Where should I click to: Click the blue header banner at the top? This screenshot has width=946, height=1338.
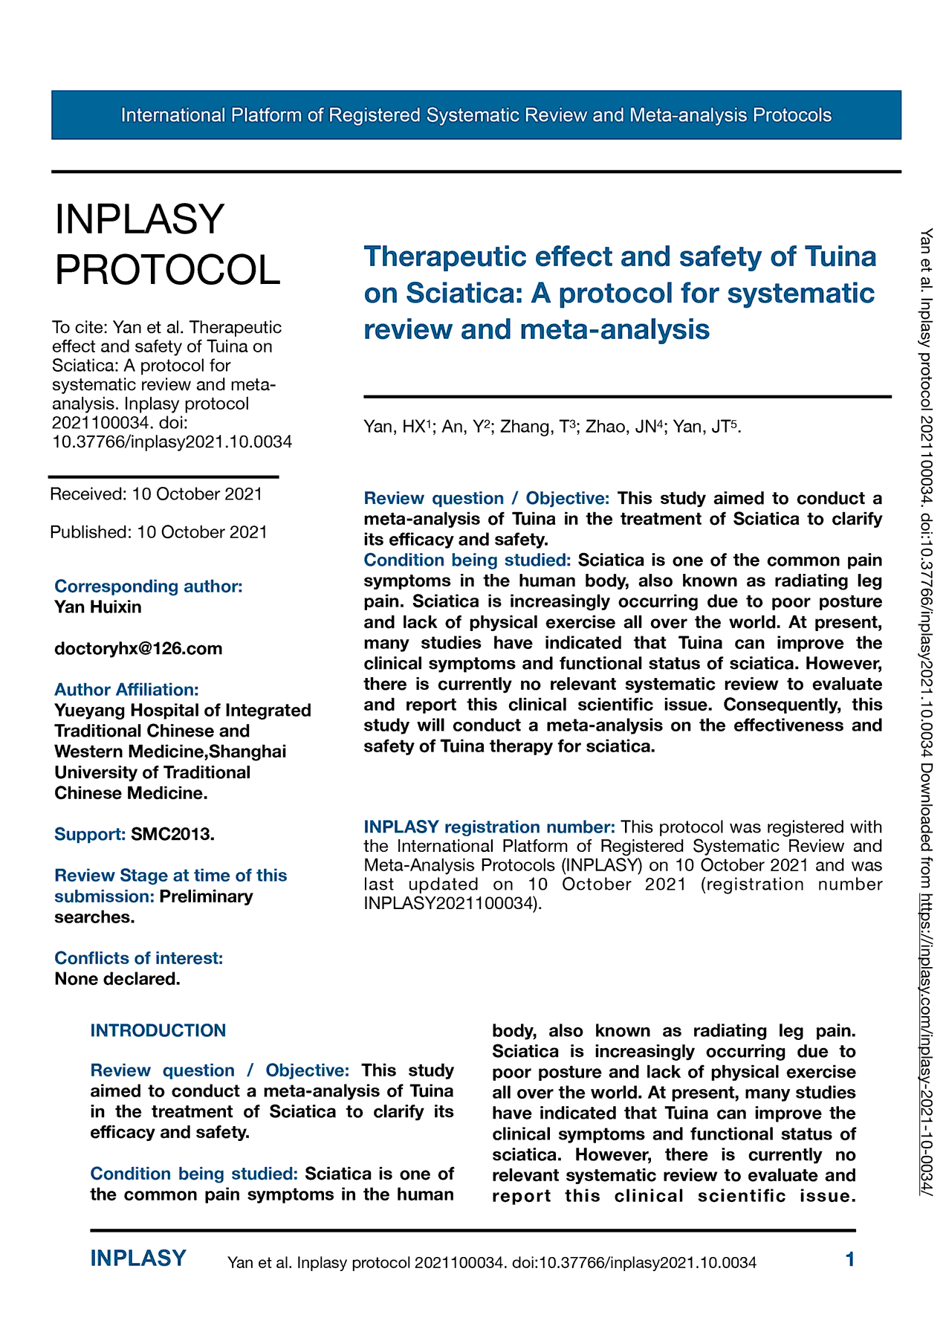point(476,115)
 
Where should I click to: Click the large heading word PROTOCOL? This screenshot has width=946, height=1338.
point(168,269)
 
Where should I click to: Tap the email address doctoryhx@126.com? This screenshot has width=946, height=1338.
point(138,648)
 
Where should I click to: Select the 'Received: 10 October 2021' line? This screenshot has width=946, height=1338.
point(156,494)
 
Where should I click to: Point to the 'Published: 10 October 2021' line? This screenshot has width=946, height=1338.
point(158,532)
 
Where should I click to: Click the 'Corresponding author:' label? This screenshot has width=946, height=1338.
point(149,586)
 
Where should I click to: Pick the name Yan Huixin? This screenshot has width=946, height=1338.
point(98,607)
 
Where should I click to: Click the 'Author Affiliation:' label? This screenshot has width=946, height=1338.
point(126,690)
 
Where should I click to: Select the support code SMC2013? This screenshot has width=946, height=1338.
point(172,834)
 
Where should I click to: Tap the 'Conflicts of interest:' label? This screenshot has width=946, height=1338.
point(139,958)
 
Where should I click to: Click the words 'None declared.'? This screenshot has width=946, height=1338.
point(117,979)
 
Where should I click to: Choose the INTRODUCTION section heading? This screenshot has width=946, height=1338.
point(158,1030)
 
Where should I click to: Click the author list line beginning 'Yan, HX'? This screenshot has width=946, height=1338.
point(552,427)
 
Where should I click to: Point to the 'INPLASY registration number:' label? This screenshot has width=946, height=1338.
point(489,827)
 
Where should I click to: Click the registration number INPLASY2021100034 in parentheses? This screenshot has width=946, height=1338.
point(449,904)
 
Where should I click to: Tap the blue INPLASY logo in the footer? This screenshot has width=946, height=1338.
point(138,1258)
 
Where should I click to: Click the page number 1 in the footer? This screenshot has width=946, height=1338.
point(850,1259)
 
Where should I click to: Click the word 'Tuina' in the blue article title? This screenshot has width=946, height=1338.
point(840,257)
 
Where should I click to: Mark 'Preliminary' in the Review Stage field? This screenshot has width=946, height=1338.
point(207,896)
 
